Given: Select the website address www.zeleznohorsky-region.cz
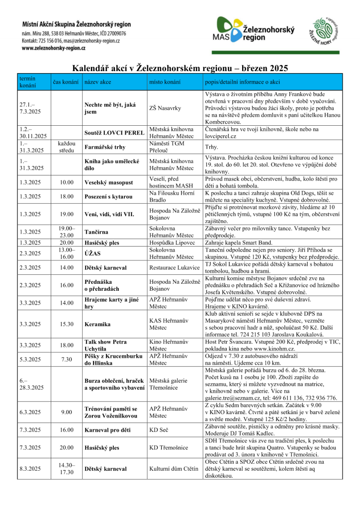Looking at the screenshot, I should point(54,48).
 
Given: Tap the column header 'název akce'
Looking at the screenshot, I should point(98,82).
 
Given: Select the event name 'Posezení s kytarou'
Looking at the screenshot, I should point(108,196).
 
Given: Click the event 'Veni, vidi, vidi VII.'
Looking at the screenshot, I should point(109,214).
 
